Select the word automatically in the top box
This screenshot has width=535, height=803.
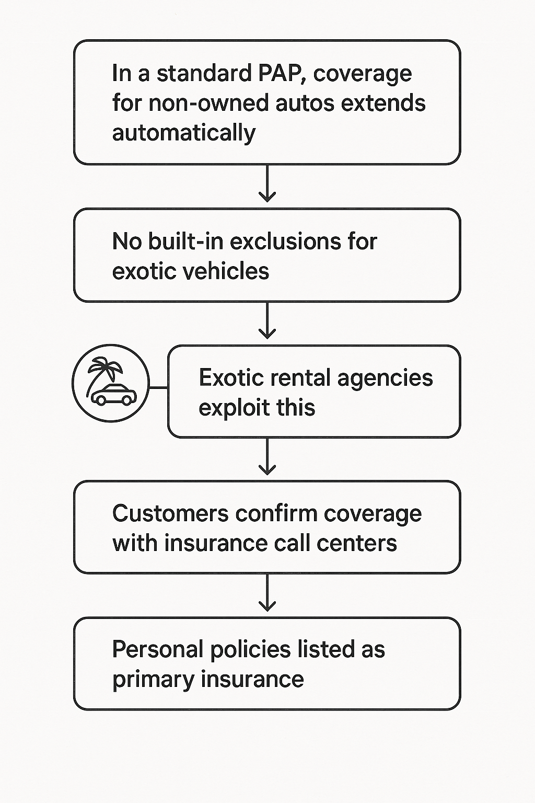[183, 133]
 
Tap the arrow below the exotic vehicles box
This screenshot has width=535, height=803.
[267, 322]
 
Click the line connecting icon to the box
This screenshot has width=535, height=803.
[158, 388]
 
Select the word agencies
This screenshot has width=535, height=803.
[385, 378]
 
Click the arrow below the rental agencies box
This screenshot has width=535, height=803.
[267, 458]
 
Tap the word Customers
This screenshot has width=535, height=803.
[170, 514]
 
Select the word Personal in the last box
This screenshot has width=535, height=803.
[157, 650]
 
